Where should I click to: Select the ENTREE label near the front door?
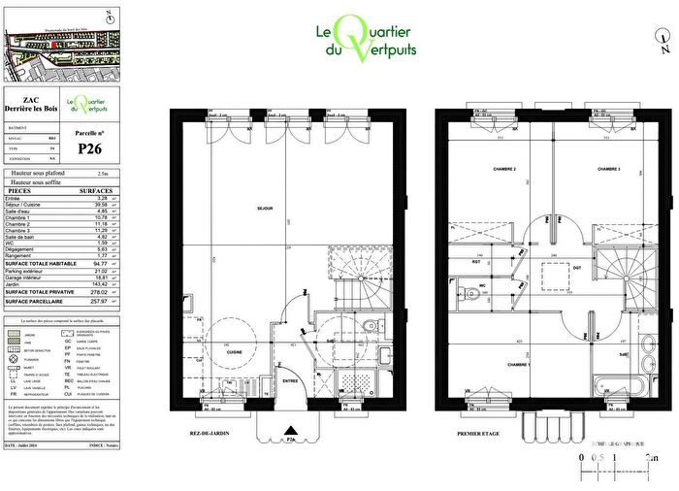[290, 381]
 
